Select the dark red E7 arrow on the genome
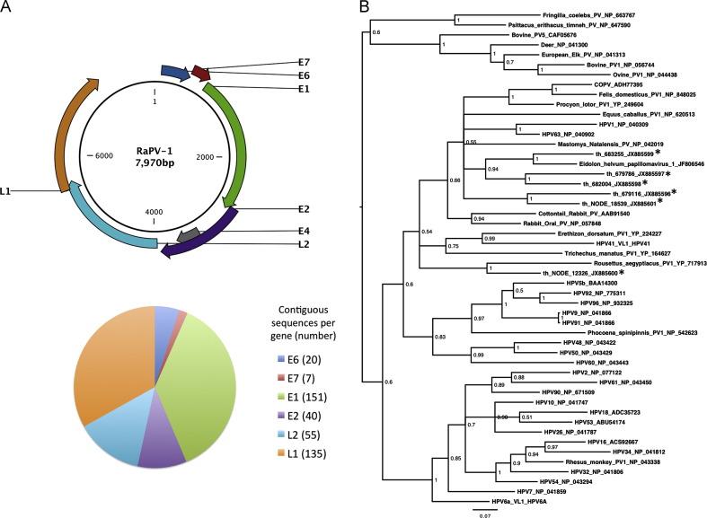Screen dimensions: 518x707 201,72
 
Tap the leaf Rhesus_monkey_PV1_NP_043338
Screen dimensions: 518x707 588,436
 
